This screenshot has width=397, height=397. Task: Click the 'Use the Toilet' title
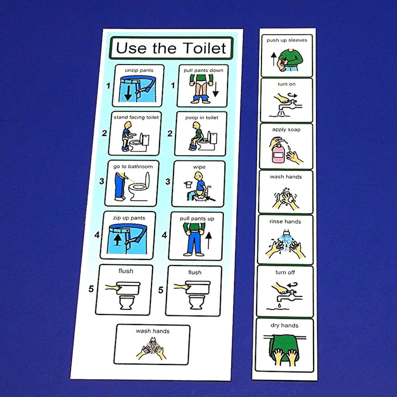171,48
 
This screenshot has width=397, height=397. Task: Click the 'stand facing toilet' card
136,133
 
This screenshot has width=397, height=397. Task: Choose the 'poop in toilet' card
200,133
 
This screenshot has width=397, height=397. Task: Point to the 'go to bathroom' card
131,183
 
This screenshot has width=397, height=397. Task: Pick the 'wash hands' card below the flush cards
152,344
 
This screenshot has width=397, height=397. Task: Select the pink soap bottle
277,152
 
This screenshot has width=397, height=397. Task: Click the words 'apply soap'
286,129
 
